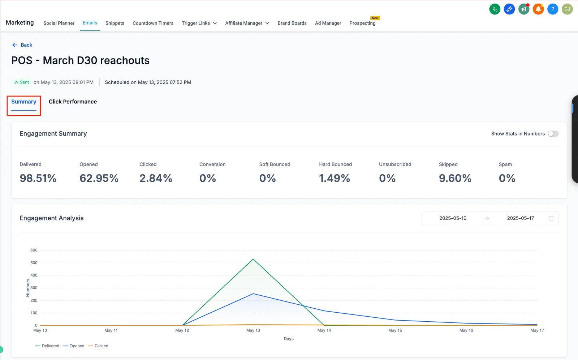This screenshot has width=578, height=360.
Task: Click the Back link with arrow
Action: click(22, 45)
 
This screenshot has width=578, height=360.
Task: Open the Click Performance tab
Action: click(73, 102)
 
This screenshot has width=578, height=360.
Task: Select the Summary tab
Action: click(24, 102)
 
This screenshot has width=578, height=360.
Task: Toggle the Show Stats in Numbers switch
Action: click(553, 133)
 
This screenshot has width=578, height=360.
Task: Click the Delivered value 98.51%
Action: click(38, 178)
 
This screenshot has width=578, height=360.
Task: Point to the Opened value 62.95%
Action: click(99, 178)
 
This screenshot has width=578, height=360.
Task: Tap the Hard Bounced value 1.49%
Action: click(335, 178)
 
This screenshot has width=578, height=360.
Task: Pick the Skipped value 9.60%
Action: click(455, 178)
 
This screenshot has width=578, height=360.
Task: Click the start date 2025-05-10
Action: click(453, 218)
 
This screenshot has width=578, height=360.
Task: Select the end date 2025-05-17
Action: click(521, 218)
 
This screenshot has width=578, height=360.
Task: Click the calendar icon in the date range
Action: click(551, 218)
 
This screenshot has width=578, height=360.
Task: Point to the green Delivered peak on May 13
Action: click(253, 259)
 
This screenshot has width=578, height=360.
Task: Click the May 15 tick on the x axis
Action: click(395, 330)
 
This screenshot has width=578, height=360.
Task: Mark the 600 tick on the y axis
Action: click(34, 250)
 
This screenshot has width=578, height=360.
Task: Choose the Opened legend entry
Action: click(74, 346)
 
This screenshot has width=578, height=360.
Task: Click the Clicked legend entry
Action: click(98, 346)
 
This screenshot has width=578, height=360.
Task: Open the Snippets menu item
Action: click(115, 23)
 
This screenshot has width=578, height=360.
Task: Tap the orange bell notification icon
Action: click(538, 9)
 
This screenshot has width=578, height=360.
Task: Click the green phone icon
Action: click(495, 9)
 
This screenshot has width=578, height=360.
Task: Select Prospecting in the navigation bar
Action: click(362, 23)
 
